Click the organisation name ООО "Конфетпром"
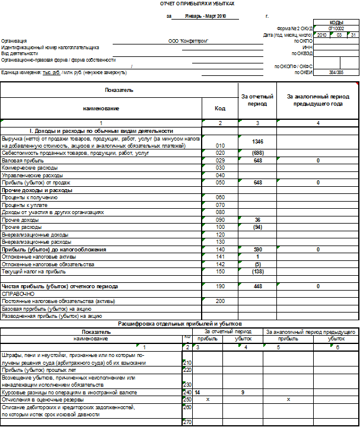click(x=188, y=40)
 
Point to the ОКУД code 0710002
click(x=336, y=28)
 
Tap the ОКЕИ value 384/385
click(x=336, y=72)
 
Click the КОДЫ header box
click(x=336, y=21)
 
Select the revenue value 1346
click(x=257, y=141)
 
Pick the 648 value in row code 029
click(x=257, y=160)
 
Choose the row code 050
click(x=220, y=183)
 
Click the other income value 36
click(x=257, y=219)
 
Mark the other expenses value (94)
click(x=257, y=227)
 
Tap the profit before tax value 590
click(x=257, y=250)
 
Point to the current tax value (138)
click(x=257, y=272)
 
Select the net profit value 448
click(x=257, y=286)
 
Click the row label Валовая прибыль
click(x=18, y=160)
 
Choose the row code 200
click(x=220, y=301)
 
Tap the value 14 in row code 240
click(x=197, y=393)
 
